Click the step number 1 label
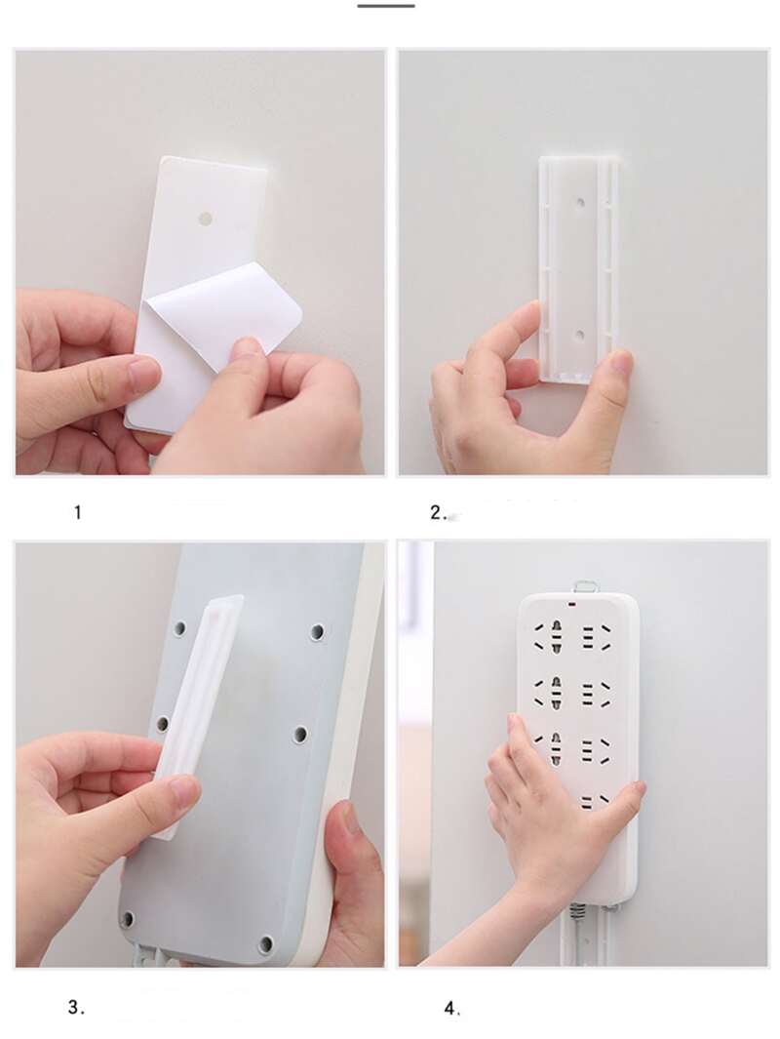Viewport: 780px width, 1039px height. click(x=77, y=512)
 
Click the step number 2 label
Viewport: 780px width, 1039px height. click(x=440, y=512)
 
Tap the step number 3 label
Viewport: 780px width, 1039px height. click(x=76, y=1007)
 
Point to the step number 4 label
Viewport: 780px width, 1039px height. click(x=452, y=1009)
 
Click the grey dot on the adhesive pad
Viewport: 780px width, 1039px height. click(x=206, y=218)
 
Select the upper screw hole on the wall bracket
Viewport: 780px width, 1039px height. click(x=580, y=201)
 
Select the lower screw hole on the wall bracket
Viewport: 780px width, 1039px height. click(x=580, y=336)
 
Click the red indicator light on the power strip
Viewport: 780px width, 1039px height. click(x=571, y=604)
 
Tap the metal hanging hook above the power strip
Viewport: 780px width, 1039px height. click(x=586, y=587)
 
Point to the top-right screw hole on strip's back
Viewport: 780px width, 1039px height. click(x=317, y=632)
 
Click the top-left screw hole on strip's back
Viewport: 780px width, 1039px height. click(x=179, y=627)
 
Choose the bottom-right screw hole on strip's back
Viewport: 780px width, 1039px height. click(x=265, y=943)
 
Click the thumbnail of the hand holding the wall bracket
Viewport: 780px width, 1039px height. click(x=583, y=262)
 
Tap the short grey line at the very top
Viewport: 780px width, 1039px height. click(x=386, y=6)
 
